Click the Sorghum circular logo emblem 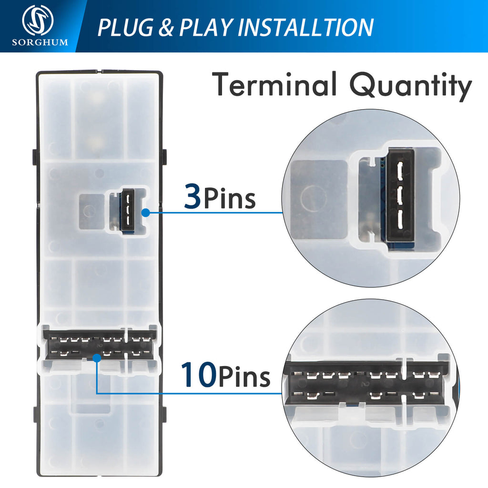38,20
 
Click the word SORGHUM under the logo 40,42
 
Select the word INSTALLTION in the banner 305,27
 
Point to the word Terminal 275,84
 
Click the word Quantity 411,86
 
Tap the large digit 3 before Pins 193,196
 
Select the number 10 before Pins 198,375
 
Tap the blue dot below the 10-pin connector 97,358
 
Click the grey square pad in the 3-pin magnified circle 318,199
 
